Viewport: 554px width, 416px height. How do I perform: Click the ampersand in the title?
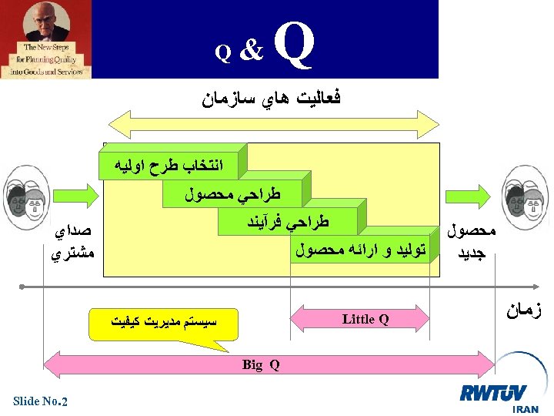click(x=251, y=51)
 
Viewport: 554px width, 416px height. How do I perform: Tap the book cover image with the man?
click(x=45, y=39)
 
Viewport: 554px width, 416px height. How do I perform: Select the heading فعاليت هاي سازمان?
click(x=272, y=99)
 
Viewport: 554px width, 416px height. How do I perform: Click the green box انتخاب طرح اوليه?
click(x=169, y=165)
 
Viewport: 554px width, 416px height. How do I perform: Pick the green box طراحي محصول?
click(x=233, y=194)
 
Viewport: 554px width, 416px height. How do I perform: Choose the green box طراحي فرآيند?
click(x=285, y=223)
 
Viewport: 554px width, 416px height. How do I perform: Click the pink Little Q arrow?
click(x=365, y=319)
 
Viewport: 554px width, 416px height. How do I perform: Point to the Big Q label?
click(x=260, y=364)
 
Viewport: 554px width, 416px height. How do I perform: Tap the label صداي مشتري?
click(x=70, y=242)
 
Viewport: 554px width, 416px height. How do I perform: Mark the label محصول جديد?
click(x=472, y=241)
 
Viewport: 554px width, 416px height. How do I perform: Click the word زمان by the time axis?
click(x=525, y=311)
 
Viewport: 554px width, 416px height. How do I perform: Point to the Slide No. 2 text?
click(x=41, y=401)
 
